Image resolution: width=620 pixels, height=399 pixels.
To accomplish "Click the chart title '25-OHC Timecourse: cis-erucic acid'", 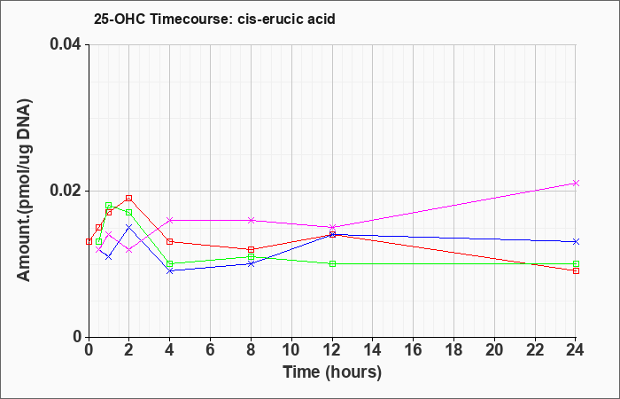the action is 214,19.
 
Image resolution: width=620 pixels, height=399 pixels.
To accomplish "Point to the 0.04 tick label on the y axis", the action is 66,44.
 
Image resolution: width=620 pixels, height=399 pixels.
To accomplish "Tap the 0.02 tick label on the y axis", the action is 66,191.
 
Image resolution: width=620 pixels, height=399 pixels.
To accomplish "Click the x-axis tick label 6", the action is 211,350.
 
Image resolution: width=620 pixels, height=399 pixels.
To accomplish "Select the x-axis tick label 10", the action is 291,350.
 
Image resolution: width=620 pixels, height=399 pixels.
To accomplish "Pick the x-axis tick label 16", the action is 414,350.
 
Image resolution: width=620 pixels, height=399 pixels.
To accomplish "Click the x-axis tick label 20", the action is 494,350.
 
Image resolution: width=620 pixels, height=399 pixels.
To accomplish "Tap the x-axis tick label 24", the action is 576,350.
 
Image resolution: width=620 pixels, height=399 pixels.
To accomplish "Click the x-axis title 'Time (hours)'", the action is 332,372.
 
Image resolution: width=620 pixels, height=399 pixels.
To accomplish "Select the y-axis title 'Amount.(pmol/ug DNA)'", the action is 24,191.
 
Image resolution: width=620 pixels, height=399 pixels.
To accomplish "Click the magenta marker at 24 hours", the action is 576,183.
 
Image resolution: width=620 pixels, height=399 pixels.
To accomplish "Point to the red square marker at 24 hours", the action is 576,270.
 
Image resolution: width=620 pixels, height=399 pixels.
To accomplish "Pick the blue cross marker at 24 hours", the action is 576,241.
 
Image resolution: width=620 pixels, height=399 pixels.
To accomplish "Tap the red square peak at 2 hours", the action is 129,198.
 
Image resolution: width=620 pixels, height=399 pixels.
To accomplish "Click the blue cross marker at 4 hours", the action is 170,270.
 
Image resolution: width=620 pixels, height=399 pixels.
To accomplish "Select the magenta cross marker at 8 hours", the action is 251,220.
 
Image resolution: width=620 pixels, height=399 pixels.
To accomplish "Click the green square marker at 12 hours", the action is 332,263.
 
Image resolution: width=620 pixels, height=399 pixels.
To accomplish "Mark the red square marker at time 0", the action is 89,241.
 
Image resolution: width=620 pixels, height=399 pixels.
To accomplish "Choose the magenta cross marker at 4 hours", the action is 170,220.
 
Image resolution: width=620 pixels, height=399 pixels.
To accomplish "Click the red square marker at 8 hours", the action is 251,249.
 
